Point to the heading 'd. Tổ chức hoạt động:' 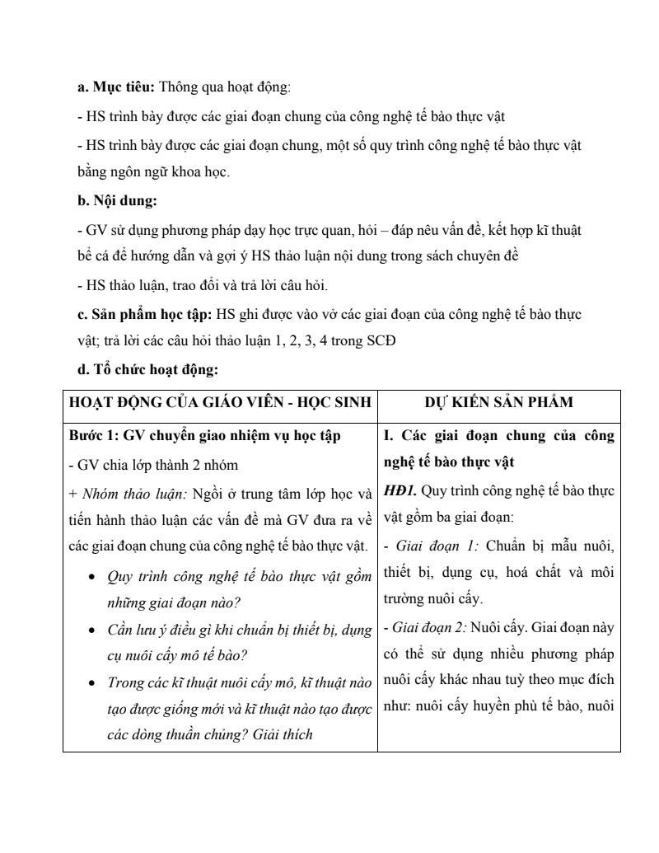coord(147,370)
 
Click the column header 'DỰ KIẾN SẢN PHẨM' coord(499,403)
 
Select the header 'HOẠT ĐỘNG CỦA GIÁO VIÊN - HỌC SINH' coord(220,403)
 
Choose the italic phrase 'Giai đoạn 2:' coord(426,627)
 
